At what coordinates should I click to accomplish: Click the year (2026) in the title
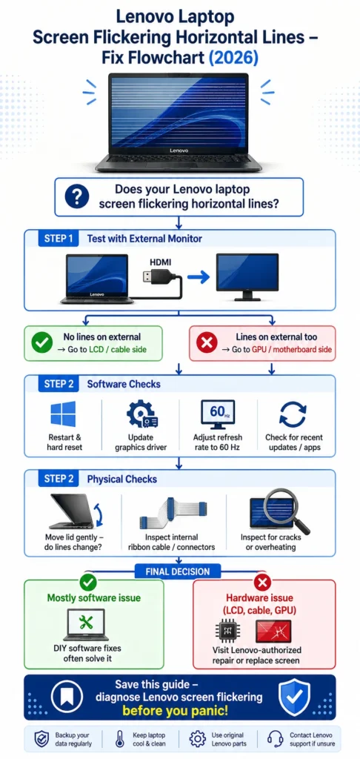pyautogui.click(x=233, y=58)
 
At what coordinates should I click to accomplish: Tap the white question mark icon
pyautogui.click(x=77, y=196)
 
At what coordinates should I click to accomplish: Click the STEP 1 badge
pyautogui.click(x=59, y=238)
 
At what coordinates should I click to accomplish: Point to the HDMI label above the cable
pyautogui.click(x=160, y=262)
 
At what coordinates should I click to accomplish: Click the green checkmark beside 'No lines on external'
pyautogui.click(x=42, y=342)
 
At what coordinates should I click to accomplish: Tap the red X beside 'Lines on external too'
pyautogui.click(x=207, y=343)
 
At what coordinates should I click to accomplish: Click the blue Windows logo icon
pyautogui.click(x=64, y=414)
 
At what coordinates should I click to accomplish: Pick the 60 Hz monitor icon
pyautogui.click(x=218, y=414)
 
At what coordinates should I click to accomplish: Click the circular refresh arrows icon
pyautogui.click(x=293, y=414)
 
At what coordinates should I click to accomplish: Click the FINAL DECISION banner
pyautogui.click(x=178, y=571)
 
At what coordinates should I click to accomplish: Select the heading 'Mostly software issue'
pyautogui.click(x=94, y=598)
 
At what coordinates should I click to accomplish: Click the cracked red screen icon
pyautogui.click(x=273, y=632)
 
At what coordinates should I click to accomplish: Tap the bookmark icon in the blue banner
pyautogui.click(x=67, y=697)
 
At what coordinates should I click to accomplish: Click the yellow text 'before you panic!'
pyautogui.click(x=175, y=711)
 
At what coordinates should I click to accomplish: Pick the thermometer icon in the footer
pyautogui.click(x=120, y=739)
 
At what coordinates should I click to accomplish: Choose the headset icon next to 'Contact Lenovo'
pyautogui.click(x=276, y=739)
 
